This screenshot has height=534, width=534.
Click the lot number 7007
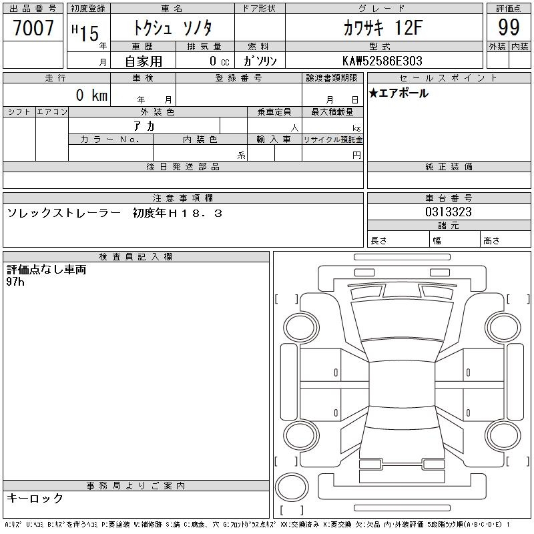[33, 27]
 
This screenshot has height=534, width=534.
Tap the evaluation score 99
[509, 27]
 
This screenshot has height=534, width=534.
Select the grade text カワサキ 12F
[383, 27]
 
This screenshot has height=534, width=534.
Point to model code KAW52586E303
[382, 61]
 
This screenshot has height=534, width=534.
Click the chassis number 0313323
[449, 212]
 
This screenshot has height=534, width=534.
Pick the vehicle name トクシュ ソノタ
[173, 28]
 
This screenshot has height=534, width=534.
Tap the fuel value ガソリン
[260, 61]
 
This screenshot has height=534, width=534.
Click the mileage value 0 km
[91, 95]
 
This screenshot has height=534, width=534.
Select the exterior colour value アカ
[144, 126]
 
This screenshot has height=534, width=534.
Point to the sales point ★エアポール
[398, 93]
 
